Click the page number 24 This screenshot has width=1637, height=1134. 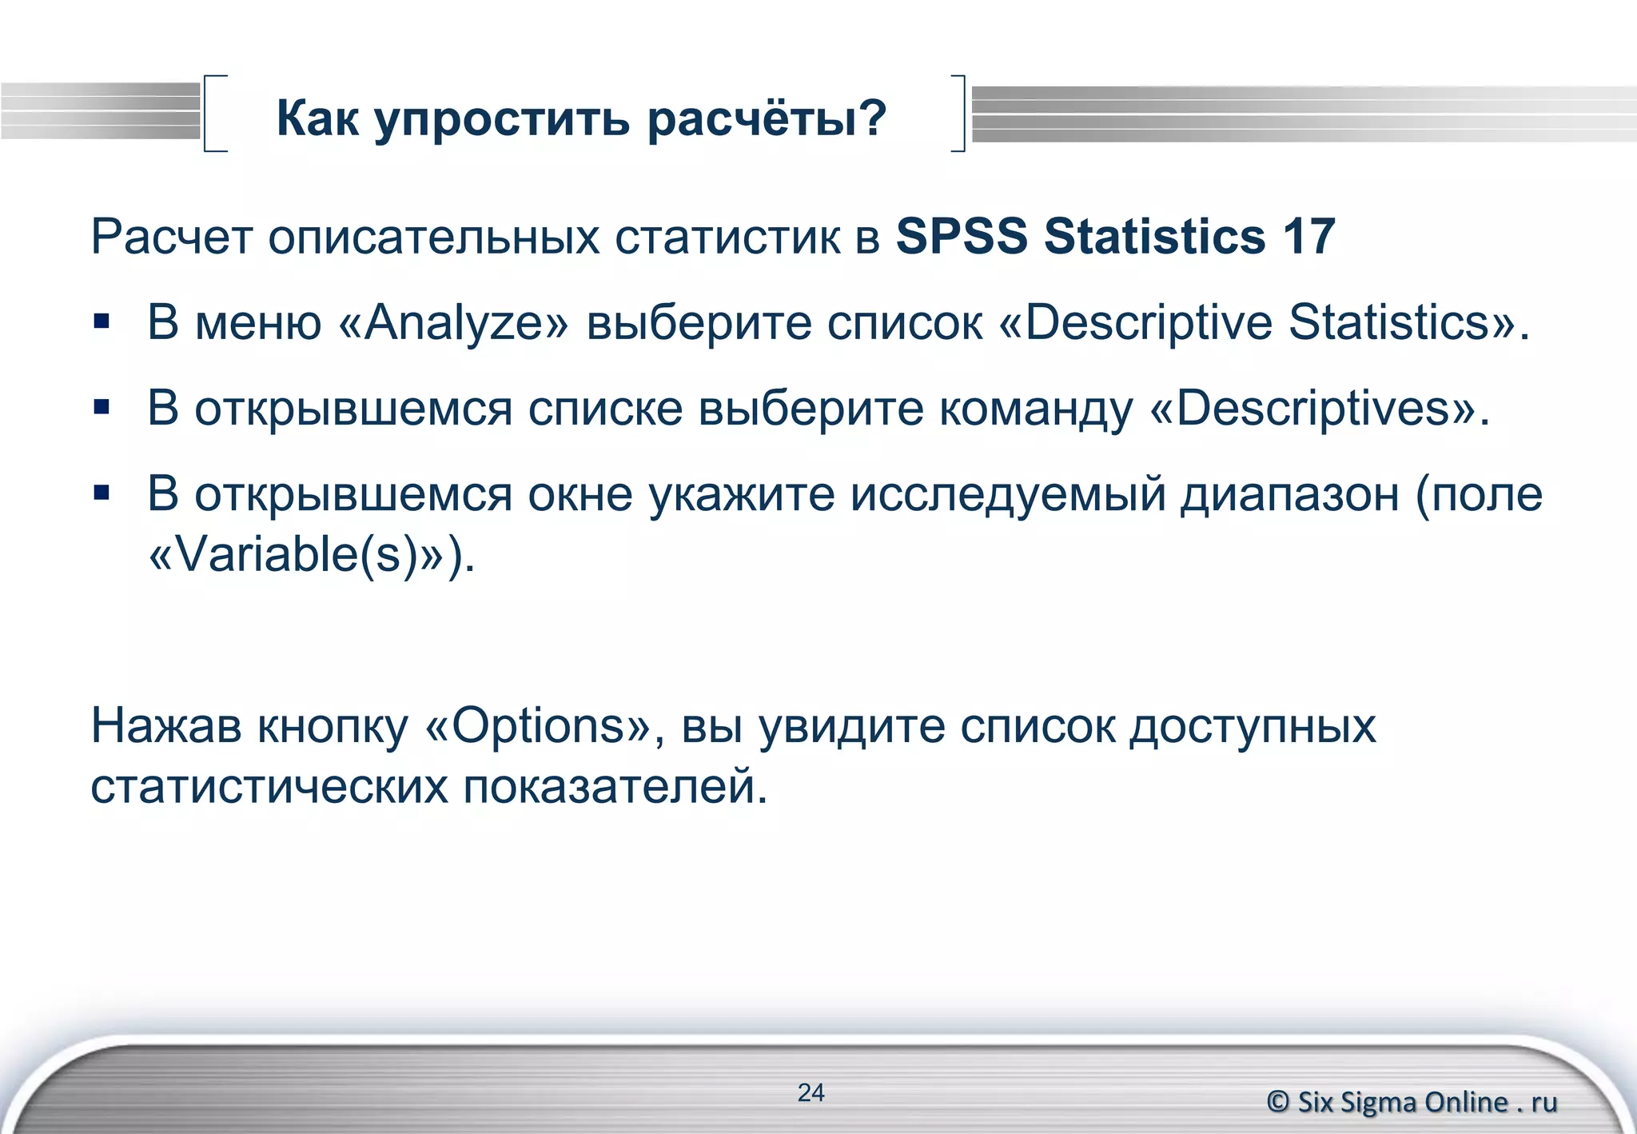pyautogui.click(x=811, y=1092)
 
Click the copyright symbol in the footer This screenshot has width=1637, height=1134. pyautogui.click(x=1278, y=1102)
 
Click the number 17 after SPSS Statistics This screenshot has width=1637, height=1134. pyautogui.click(x=1309, y=237)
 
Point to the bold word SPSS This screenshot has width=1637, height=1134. pyautogui.click(x=962, y=237)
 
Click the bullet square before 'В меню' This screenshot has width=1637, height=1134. pyautogui.click(x=102, y=321)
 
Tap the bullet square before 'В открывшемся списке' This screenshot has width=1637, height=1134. pyautogui.click(x=102, y=408)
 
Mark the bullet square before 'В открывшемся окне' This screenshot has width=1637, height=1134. pyautogui.click(x=102, y=493)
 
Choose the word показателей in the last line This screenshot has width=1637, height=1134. pyautogui.click(x=615, y=787)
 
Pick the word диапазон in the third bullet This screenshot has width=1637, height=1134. pyautogui.click(x=1290, y=494)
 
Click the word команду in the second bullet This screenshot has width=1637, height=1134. pyautogui.click(x=1036, y=409)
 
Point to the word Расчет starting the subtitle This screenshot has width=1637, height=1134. pyautogui.click(x=172, y=237)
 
